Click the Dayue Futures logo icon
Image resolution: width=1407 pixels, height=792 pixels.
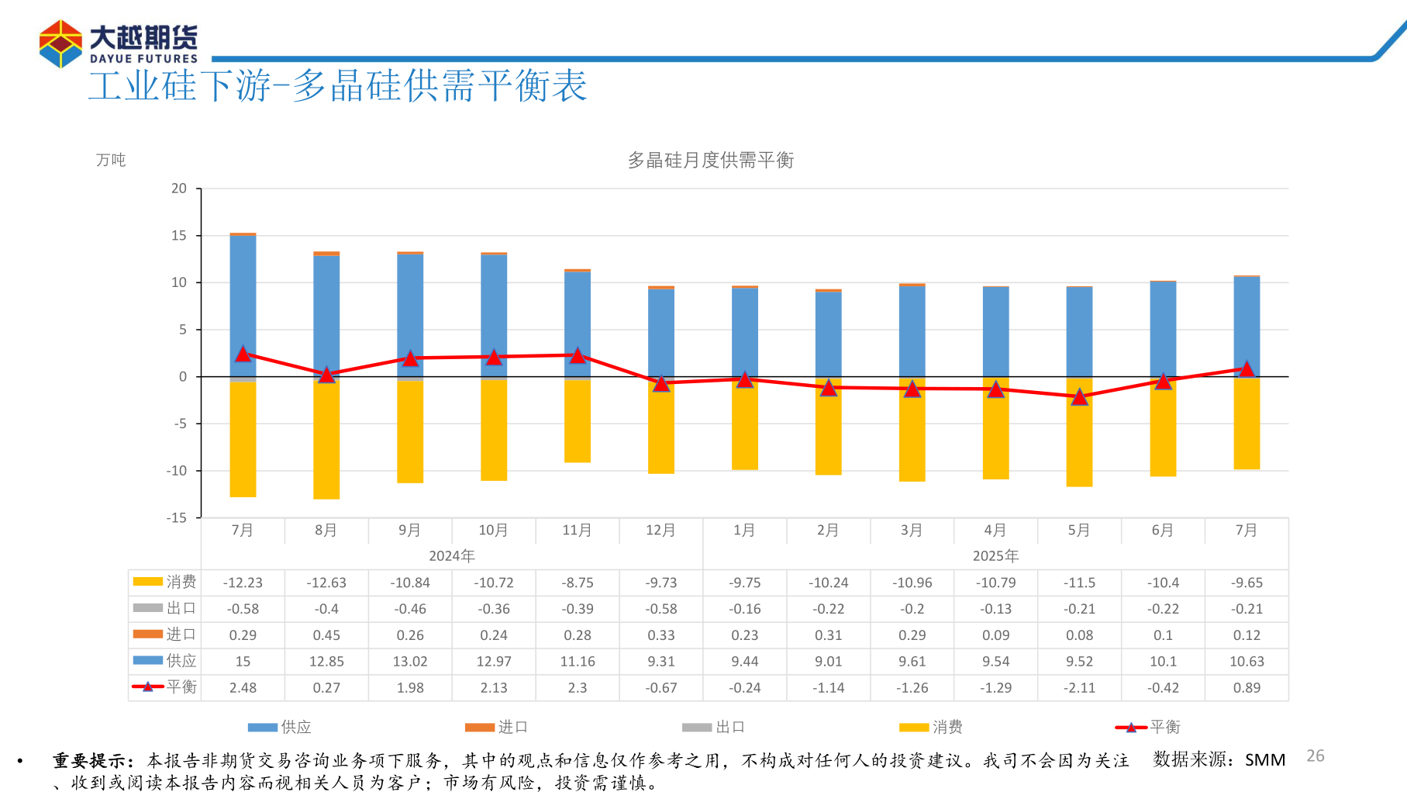point(60,44)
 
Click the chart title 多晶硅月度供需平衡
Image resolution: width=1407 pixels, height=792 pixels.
point(710,161)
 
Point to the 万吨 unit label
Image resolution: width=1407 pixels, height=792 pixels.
point(110,160)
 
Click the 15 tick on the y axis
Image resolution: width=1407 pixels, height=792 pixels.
point(179,236)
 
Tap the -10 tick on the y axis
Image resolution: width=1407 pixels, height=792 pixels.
point(176,471)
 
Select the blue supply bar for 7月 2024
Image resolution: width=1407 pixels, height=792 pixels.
point(243,295)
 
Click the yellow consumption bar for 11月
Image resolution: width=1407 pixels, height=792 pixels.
point(578,423)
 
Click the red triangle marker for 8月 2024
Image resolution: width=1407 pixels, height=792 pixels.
point(326,375)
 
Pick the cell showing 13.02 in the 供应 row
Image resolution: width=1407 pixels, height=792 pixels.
point(410,662)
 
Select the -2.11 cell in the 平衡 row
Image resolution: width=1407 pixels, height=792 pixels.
point(1079,688)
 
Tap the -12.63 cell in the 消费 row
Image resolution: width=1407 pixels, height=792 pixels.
point(326,583)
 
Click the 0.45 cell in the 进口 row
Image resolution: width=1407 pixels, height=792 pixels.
point(326,635)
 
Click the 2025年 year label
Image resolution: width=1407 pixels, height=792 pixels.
point(995,556)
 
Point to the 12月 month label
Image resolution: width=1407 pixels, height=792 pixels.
point(660,531)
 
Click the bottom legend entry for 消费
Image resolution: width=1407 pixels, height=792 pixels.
point(930,727)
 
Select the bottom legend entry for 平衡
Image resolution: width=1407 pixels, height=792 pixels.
point(1147,727)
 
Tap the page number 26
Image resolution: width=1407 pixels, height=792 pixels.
point(1315,756)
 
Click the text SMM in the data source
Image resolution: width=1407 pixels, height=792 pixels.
point(1264,760)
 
